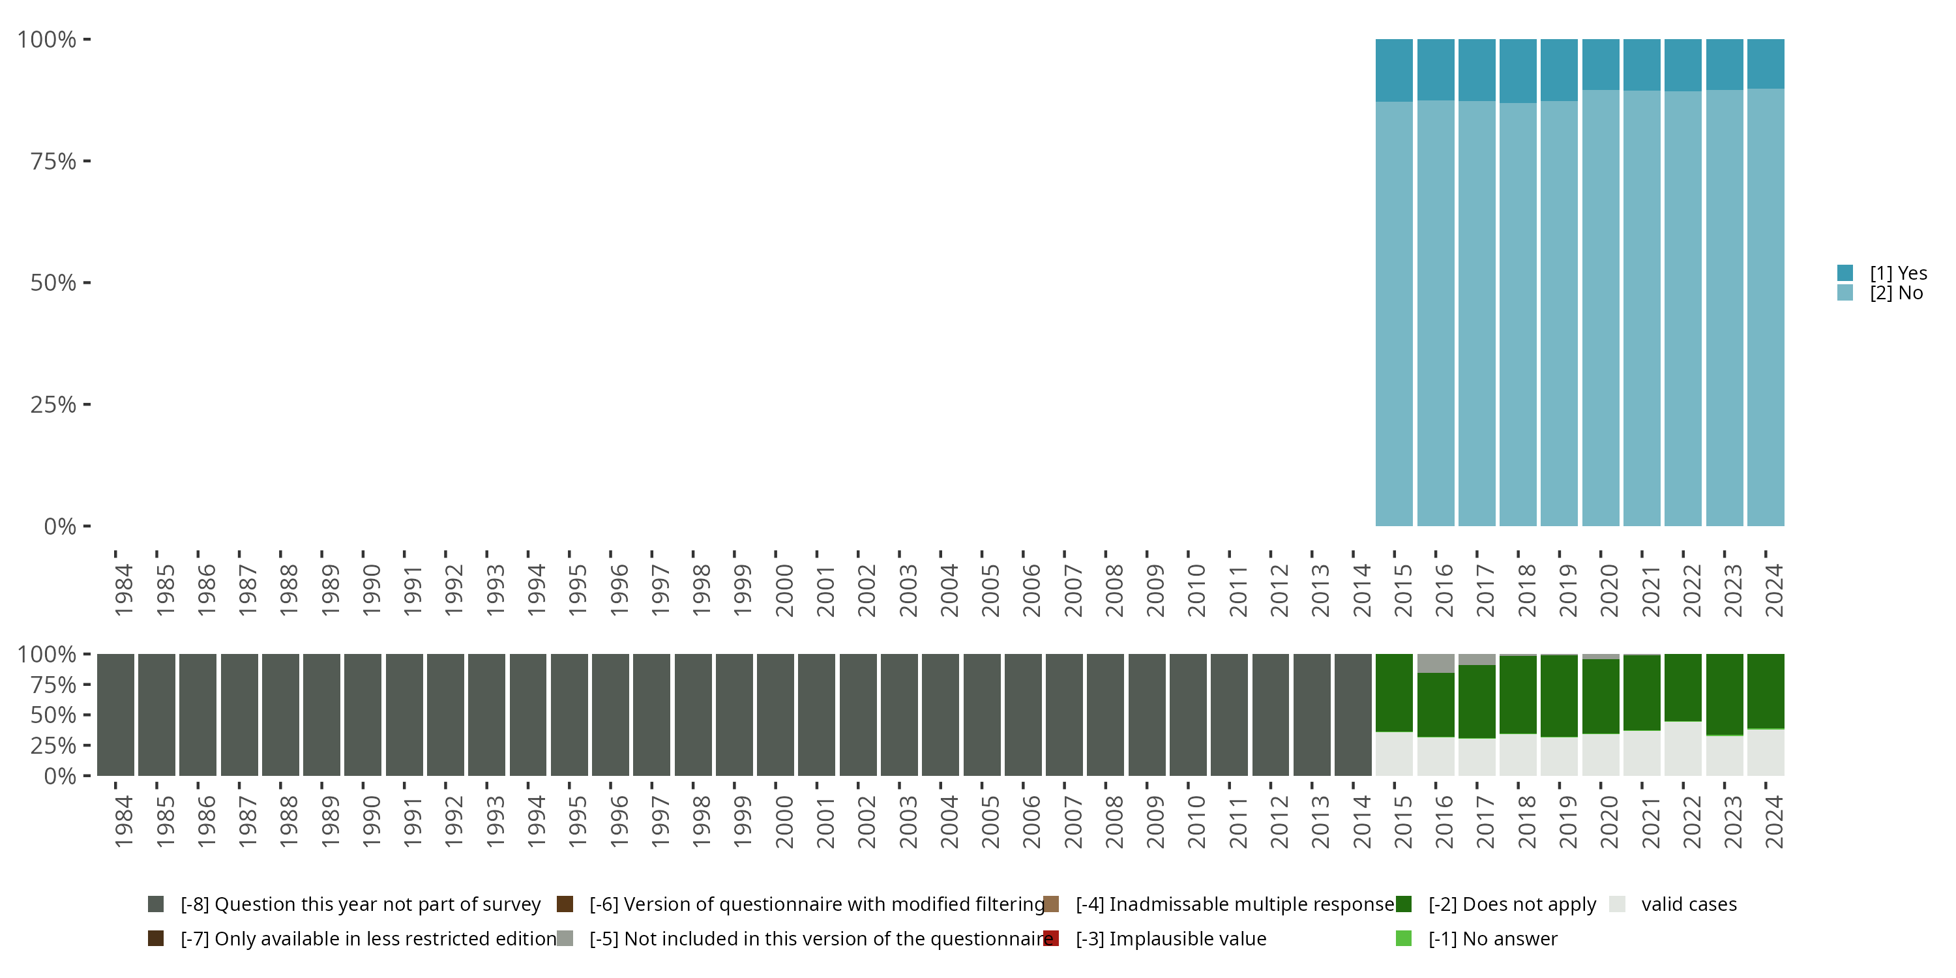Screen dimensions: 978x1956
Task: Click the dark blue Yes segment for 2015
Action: (x=1394, y=70)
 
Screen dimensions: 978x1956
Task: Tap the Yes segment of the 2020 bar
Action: (x=1601, y=65)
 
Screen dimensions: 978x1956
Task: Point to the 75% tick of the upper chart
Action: (x=53, y=161)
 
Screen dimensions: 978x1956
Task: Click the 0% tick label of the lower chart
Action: (x=59, y=776)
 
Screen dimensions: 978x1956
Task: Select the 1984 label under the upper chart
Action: (x=124, y=590)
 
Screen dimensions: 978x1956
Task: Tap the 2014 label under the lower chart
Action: (x=1361, y=822)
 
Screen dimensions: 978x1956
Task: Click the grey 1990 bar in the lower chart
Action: (x=363, y=715)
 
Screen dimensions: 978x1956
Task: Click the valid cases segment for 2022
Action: (x=1683, y=748)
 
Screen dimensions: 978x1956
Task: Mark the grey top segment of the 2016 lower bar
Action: (x=1435, y=663)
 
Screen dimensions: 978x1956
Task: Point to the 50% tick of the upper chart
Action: (x=53, y=282)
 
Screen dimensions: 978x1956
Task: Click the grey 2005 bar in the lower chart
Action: (x=982, y=715)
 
